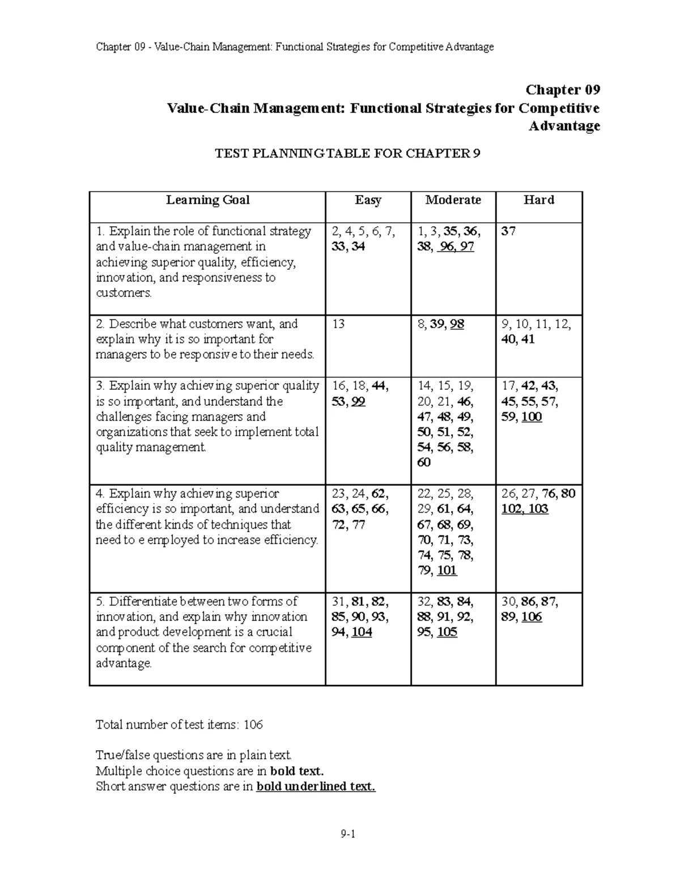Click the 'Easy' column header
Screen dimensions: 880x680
pyautogui.click(x=368, y=200)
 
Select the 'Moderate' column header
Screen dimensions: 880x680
pyautogui.click(x=453, y=200)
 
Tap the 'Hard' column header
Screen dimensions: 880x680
pyautogui.click(x=538, y=200)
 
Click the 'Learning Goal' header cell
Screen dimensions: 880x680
pyautogui.click(x=207, y=200)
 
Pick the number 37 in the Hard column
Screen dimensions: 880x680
pyautogui.click(x=508, y=231)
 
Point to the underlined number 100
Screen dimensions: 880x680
pyautogui.click(x=532, y=417)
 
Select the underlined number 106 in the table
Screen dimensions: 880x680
pyautogui.click(x=532, y=617)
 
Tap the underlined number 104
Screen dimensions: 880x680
pyautogui.click(x=362, y=632)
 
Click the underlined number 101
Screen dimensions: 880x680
pyautogui.click(x=447, y=571)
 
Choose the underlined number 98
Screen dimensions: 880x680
pyautogui.click(x=457, y=324)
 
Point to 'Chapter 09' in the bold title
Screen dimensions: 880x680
pyautogui.click(x=562, y=90)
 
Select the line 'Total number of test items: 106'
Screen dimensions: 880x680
pyautogui.click(x=179, y=725)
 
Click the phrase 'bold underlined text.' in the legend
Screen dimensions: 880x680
pyautogui.click(x=316, y=787)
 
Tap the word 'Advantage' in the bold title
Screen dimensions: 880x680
pyautogui.click(x=564, y=126)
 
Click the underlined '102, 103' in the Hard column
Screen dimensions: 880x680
pyautogui.click(x=525, y=509)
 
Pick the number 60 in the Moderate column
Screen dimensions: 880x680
pyautogui.click(x=423, y=463)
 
